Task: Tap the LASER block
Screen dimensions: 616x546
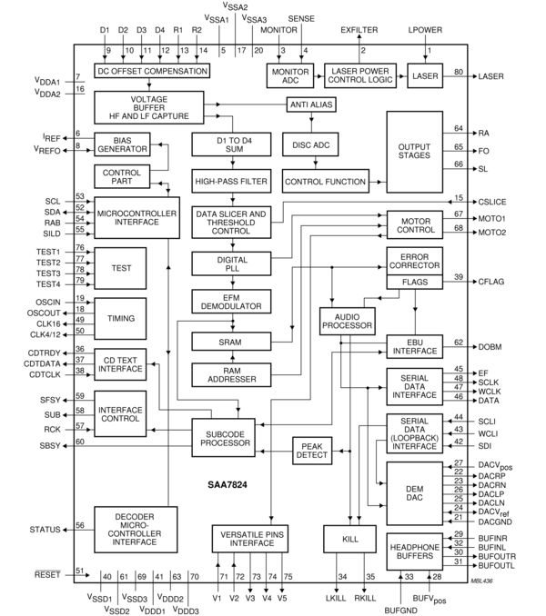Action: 425,75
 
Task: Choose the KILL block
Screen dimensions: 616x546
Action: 349,540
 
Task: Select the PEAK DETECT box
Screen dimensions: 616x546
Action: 313,449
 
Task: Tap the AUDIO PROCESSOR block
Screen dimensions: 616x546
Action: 345,319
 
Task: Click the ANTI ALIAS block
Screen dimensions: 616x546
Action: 311,105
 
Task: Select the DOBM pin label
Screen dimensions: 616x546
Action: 490,346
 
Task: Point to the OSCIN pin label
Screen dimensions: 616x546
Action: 47,299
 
